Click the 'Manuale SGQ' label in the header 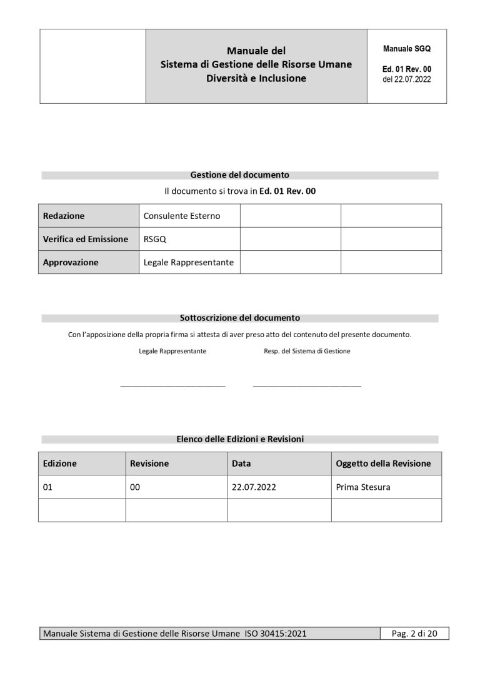tap(406, 48)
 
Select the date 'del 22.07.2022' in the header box tap(406, 79)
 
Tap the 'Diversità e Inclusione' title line tap(256, 79)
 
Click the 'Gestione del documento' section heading tap(239, 175)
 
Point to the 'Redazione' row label tap(64, 216)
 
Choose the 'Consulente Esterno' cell tap(182, 216)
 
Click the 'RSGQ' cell tap(155, 239)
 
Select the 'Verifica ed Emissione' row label tap(86, 239)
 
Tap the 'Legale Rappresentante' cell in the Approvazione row tap(189, 263)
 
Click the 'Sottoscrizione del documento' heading tap(239, 318)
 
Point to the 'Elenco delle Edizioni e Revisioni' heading tap(239, 439)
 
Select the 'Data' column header tap(241, 464)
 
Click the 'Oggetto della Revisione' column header tap(383, 464)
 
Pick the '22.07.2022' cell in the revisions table tap(253, 487)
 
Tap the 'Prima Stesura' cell tap(363, 487)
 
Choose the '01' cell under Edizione tap(47, 487)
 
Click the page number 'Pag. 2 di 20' tap(414, 634)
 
